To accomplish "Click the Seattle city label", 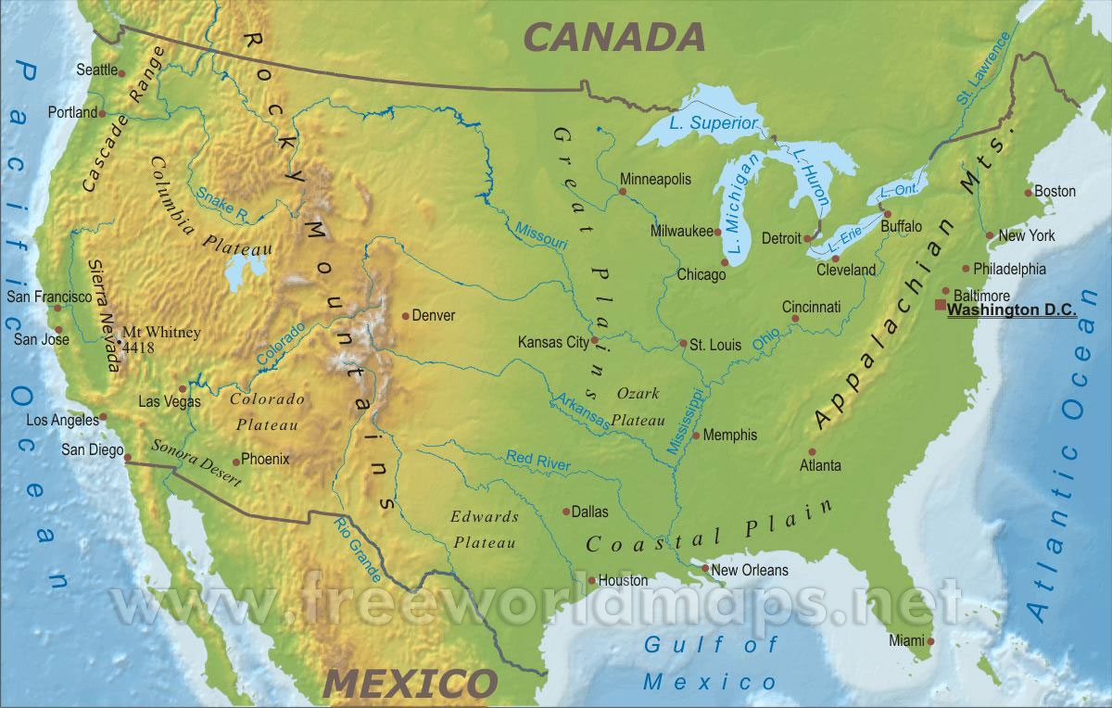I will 96,70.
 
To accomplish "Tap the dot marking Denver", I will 406,316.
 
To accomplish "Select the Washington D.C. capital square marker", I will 941,305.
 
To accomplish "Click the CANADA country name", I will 614,37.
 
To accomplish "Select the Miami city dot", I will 930,640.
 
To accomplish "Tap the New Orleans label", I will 750,570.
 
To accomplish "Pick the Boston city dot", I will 1028,193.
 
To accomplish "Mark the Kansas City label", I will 552,342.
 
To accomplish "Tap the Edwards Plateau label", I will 484,529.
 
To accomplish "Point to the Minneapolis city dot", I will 622,192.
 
